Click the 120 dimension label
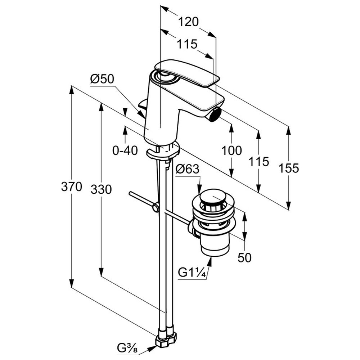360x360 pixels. click(x=188, y=22)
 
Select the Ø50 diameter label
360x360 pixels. click(x=102, y=79)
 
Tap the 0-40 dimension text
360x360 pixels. click(x=125, y=150)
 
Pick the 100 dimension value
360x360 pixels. click(x=231, y=150)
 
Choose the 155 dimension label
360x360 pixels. click(x=289, y=168)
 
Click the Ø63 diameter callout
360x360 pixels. click(x=187, y=169)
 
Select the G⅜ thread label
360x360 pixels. click(x=127, y=348)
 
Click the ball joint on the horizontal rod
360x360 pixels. click(x=156, y=208)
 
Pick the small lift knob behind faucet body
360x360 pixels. click(x=142, y=105)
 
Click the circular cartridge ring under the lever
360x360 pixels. click(x=165, y=77)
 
